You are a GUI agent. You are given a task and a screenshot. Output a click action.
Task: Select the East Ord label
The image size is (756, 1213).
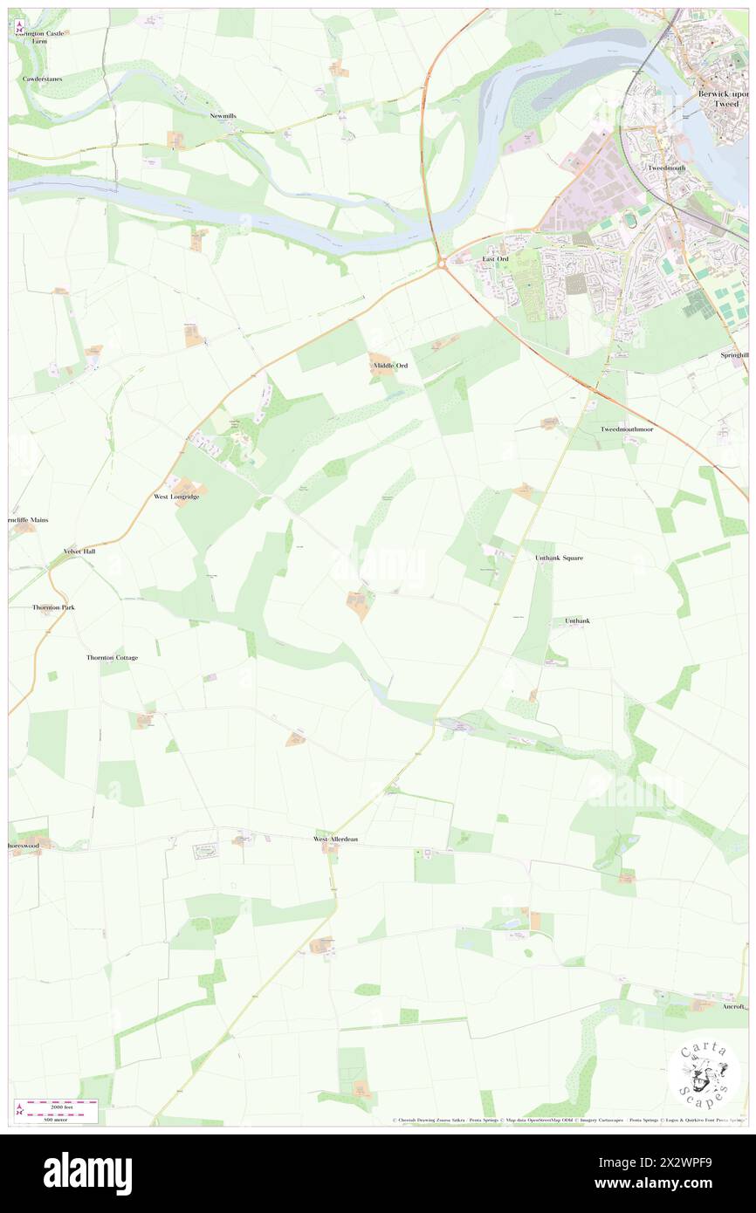[x=495, y=259]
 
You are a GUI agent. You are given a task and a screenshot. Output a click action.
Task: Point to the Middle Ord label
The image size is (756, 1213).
[x=389, y=365]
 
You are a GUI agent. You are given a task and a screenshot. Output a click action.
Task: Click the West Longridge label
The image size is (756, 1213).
[x=176, y=497]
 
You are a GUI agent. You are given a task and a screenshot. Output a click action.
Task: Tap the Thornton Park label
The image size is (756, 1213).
[x=53, y=606]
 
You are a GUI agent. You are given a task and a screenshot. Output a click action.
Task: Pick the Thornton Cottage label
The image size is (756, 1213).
[x=112, y=657]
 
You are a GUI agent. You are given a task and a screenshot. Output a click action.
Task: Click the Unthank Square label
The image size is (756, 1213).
[x=559, y=557]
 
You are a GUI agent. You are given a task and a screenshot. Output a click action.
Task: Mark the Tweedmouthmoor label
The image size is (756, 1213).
[x=626, y=429]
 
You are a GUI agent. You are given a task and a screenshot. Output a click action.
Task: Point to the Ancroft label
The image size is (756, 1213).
[x=734, y=1005]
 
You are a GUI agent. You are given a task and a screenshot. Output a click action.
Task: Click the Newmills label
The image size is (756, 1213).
[x=223, y=115]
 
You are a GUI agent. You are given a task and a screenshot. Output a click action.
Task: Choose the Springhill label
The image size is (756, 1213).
[x=733, y=355]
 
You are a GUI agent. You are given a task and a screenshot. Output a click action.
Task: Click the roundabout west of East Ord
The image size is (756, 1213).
[x=443, y=263]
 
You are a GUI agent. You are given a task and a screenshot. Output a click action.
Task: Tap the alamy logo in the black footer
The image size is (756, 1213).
[x=87, y=1173]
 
